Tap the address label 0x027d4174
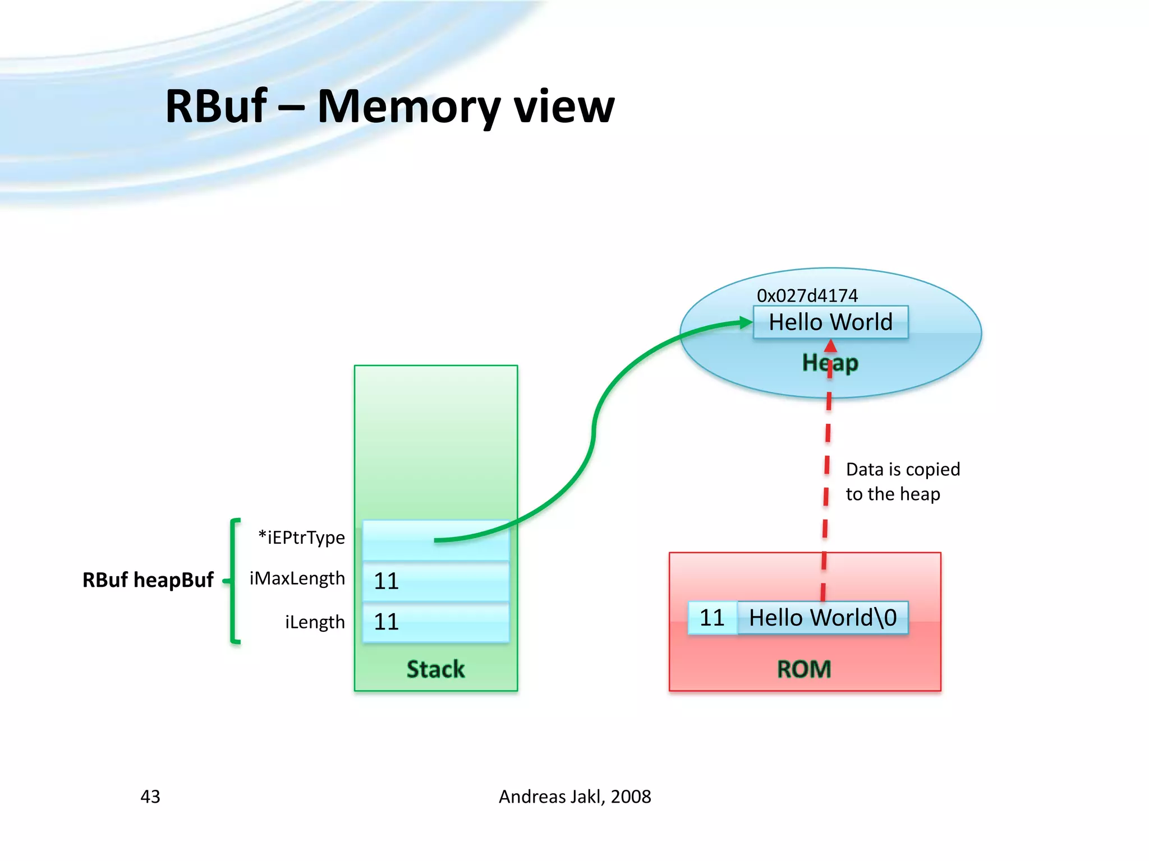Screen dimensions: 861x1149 (807, 295)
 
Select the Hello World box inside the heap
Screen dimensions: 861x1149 (830, 322)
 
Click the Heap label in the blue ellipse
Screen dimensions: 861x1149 (830, 363)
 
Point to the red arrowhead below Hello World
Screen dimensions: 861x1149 (830, 346)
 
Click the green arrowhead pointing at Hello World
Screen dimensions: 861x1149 (746, 322)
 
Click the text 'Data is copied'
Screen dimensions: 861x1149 (903, 469)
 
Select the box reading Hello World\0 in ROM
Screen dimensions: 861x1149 (822, 618)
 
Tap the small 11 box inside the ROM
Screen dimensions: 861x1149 (712, 618)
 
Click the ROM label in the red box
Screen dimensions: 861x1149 (803, 669)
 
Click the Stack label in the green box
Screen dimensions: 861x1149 (435, 669)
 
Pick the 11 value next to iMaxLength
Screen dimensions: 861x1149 (387, 581)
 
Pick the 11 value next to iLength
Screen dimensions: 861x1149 (387, 622)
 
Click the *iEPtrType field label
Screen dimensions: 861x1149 (301, 538)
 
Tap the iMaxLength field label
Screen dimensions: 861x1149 (297, 578)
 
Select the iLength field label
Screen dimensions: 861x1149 (315, 622)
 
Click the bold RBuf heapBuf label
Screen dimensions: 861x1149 (148, 580)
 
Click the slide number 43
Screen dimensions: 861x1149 (150, 797)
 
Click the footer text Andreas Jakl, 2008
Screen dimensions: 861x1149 (574, 797)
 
